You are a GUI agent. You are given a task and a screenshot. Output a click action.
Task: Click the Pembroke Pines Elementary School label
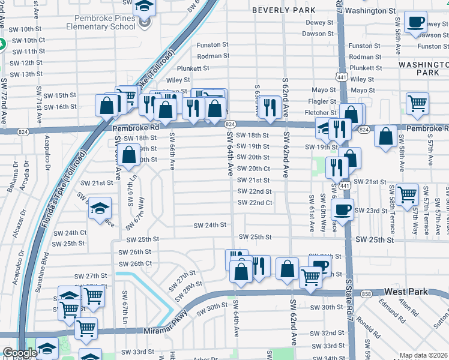pos(106,22)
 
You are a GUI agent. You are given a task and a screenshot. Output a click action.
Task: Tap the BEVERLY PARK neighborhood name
pos(284,10)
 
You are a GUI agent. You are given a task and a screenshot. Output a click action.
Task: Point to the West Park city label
pos(406,292)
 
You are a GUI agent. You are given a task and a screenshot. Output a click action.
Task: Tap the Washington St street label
pos(371,11)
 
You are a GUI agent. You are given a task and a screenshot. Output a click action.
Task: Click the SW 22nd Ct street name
pos(255,203)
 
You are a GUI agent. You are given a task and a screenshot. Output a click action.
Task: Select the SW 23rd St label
pos(371,211)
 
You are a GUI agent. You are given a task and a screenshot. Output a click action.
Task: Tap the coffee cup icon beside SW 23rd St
pos(342,210)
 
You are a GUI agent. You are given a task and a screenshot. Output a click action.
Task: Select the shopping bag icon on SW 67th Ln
pos(129,155)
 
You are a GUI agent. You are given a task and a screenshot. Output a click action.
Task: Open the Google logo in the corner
pos(19,353)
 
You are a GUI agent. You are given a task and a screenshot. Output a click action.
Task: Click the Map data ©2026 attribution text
pos(423,355)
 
